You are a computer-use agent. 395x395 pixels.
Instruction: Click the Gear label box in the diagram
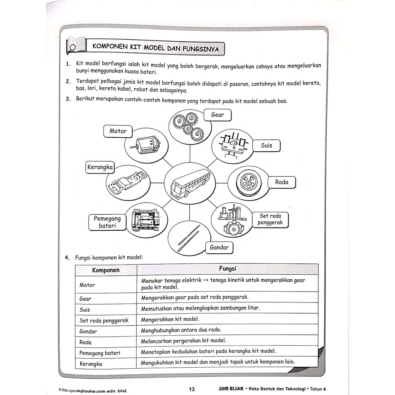click(218, 115)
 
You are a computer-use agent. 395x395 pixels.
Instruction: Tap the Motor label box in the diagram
click(118, 131)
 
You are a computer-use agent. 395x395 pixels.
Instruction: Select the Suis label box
click(266, 145)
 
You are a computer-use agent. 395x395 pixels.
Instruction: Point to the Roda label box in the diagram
click(282, 182)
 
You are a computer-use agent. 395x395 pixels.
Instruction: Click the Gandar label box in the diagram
click(219, 248)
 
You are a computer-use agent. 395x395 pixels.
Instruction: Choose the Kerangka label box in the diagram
click(100, 167)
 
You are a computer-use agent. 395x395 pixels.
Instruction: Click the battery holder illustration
click(145, 220)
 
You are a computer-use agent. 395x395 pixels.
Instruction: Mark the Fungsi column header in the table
click(228, 269)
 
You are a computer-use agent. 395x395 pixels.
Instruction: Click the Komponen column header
click(106, 270)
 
